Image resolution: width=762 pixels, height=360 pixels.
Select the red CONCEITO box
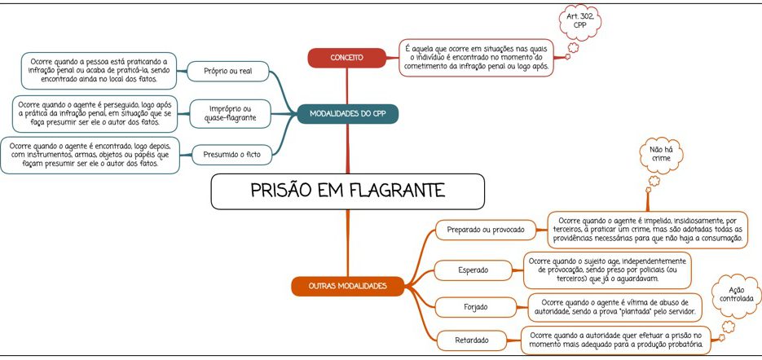[x=346, y=58]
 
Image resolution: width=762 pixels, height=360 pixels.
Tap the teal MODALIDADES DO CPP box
[x=347, y=113]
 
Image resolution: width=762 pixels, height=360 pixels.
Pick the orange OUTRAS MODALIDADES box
[x=347, y=286]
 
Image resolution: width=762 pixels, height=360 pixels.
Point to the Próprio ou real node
[x=227, y=72]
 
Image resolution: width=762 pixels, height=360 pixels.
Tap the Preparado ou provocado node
[x=486, y=230]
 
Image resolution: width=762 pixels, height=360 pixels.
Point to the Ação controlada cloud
[x=735, y=295]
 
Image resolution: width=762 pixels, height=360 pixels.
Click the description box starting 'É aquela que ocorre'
[x=476, y=59]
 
